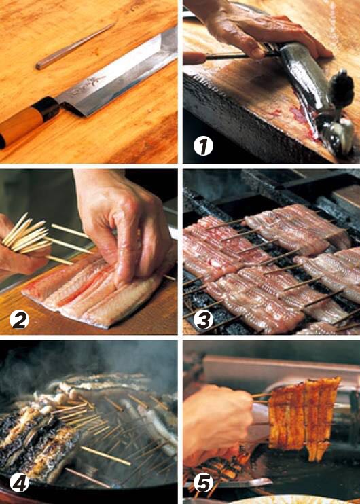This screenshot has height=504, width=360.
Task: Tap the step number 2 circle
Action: click(20, 317)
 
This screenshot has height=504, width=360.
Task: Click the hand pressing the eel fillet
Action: click(126, 224)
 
